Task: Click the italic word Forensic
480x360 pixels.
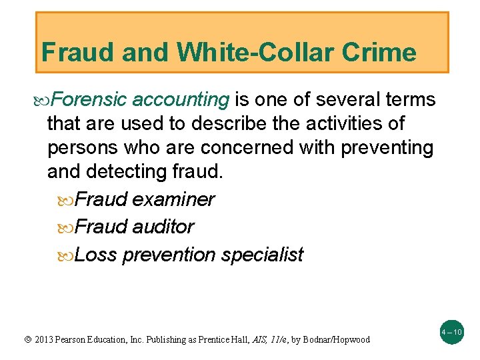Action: point(89,100)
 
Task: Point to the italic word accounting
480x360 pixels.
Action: point(181,100)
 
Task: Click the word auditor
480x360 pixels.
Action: point(163,227)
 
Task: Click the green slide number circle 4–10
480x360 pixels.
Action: point(452,331)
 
